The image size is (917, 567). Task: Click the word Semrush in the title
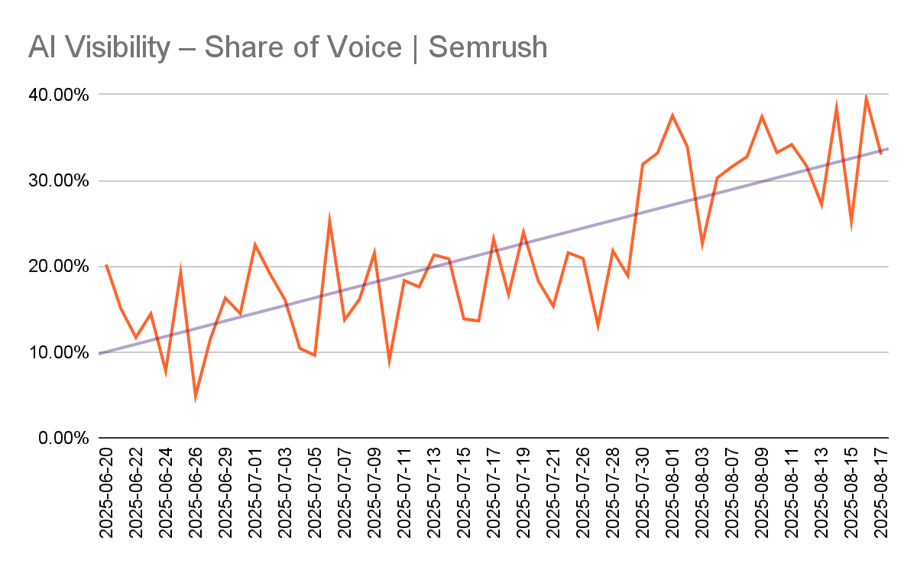(x=488, y=47)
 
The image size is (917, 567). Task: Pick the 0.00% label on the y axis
(x=64, y=439)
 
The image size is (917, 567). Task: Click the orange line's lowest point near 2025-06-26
(x=196, y=396)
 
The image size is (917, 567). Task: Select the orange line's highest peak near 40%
(x=866, y=97)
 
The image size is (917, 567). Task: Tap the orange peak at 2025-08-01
(x=672, y=116)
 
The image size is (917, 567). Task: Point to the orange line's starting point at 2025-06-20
(x=106, y=264)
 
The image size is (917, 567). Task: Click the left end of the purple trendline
(x=100, y=353)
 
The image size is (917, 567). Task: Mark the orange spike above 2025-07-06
(x=329, y=221)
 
